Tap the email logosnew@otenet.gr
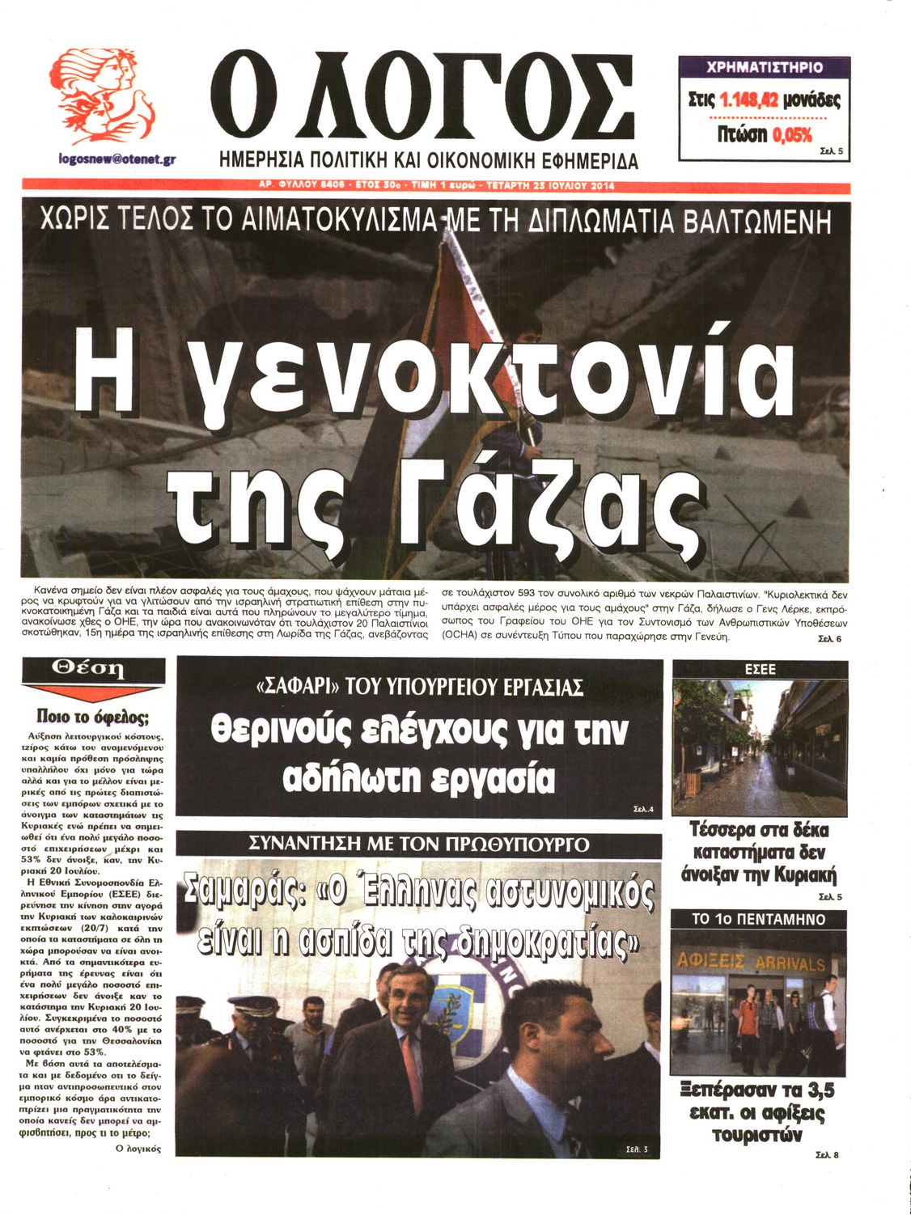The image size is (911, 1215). pos(117,159)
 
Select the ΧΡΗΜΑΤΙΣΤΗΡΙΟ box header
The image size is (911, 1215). pos(764,67)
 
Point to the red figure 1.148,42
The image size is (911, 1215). pos(748,100)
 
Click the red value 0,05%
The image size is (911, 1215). pos(792,135)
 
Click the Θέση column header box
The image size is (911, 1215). pos(93,669)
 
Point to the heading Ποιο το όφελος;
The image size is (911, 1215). pos(93,717)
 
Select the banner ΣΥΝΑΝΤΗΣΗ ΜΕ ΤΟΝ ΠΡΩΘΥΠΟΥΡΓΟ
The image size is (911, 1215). pos(418,845)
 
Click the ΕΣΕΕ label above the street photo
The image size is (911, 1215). pos(760,669)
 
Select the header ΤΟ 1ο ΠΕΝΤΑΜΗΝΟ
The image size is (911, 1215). pos(758,920)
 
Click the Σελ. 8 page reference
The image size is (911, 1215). pos(827,1154)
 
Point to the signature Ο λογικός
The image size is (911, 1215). pos(138,1149)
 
